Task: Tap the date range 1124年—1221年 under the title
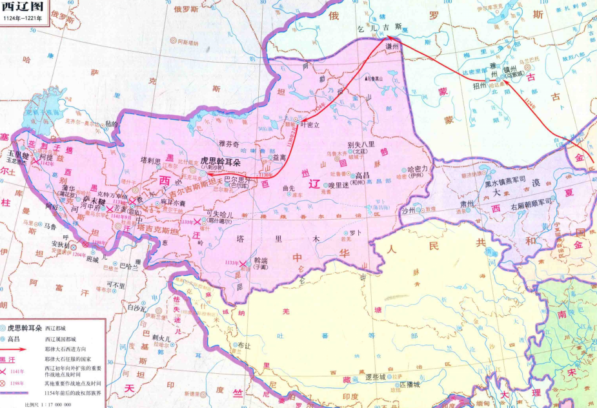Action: tap(21, 19)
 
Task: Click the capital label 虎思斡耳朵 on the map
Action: tap(219, 159)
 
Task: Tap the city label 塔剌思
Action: tap(150, 159)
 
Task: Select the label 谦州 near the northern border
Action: tap(392, 48)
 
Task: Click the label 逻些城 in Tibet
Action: tap(375, 376)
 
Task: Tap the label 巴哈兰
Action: tap(129, 265)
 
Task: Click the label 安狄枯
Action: tap(60, 244)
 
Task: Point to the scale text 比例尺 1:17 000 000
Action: tap(48, 403)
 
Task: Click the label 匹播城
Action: tap(410, 384)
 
